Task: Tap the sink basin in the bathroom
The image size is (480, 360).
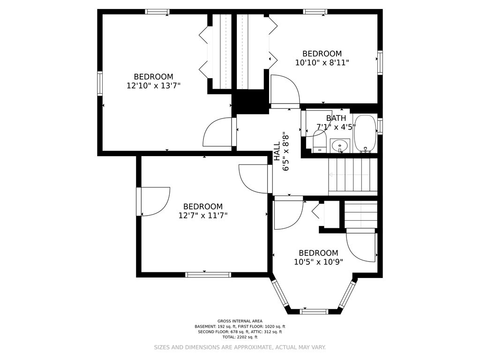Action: coord(339,146)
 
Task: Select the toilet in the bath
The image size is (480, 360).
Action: coord(320,142)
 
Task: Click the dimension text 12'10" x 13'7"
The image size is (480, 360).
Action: coord(153,86)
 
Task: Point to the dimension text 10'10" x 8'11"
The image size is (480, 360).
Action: coord(322,62)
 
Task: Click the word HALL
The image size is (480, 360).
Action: coord(277,151)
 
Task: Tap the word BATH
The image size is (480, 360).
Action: coord(336,118)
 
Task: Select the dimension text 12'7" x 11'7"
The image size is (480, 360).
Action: coord(202,216)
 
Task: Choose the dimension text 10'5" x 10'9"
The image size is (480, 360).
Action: coord(318,262)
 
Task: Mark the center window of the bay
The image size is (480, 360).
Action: coord(314,311)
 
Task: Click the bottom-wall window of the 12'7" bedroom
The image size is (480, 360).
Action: coord(208,275)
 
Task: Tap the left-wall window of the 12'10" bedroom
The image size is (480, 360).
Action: coord(100,83)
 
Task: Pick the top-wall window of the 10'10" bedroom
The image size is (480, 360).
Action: coord(315,12)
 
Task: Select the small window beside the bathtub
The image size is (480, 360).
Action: coord(380,127)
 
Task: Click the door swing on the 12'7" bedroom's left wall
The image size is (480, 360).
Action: coord(155,202)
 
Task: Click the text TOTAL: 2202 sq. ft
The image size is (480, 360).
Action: coord(240,337)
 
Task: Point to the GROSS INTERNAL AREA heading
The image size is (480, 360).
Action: coord(240,321)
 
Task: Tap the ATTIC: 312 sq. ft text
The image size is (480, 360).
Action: coord(267,332)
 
